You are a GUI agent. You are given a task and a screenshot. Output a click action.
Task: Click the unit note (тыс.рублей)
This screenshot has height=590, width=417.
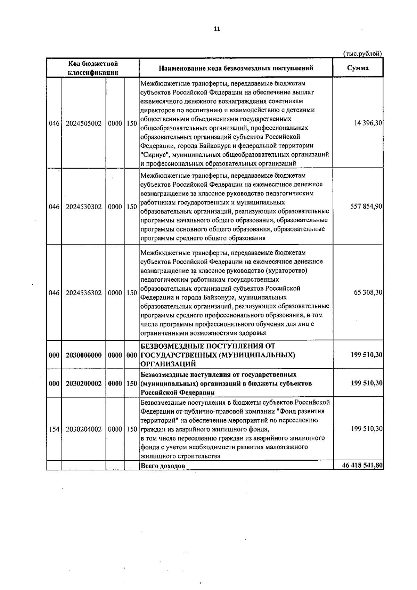(x=362, y=54)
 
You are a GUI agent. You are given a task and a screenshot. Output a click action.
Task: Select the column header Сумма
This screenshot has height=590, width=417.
(x=358, y=68)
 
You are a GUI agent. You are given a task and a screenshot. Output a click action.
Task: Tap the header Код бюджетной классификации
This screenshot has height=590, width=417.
(x=93, y=68)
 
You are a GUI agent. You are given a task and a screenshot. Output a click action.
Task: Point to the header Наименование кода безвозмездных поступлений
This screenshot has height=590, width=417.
(x=236, y=68)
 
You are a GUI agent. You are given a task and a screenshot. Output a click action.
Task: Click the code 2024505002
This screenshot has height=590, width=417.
(x=84, y=123)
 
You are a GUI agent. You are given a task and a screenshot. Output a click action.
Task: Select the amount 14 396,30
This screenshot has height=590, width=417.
(x=368, y=123)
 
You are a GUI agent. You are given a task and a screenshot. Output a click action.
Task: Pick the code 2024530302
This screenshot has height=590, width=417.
(x=84, y=207)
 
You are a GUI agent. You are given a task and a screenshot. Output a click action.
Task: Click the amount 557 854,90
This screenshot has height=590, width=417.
(x=367, y=207)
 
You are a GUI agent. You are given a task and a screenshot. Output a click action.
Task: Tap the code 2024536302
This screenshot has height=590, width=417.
(x=84, y=293)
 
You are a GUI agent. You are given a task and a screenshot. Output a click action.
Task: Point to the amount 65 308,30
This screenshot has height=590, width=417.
(x=368, y=293)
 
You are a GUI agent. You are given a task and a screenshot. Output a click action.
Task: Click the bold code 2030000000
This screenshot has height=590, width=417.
(x=84, y=355)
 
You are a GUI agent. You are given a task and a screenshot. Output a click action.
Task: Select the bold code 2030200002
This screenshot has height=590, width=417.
(x=84, y=383)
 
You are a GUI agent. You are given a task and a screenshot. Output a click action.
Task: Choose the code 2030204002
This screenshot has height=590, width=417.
(x=84, y=429)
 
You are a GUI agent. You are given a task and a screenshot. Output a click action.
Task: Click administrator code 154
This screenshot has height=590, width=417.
(x=54, y=429)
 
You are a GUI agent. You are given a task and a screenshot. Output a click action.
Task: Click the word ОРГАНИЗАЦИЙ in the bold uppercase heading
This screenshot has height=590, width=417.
(x=168, y=364)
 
